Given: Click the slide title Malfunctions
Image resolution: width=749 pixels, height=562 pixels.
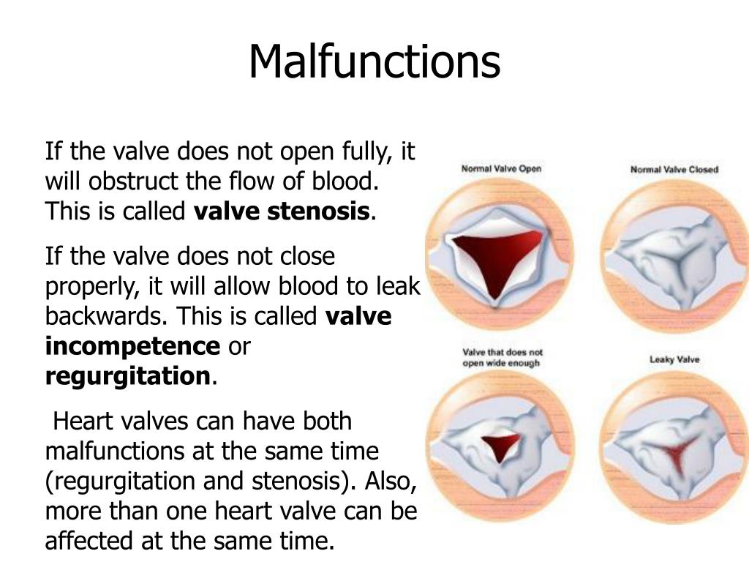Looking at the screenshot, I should click(x=374, y=62).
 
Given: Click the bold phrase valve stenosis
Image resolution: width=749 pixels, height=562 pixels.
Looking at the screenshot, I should click(x=282, y=211).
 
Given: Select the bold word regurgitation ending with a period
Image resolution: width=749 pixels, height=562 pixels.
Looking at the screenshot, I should click(x=129, y=376).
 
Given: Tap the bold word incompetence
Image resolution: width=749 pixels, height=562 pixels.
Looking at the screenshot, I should click(x=132, y=346).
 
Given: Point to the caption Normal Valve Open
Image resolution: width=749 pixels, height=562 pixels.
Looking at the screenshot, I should click(x=501, y=169).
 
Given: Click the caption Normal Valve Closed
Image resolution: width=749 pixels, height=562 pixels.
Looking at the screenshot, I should click(x=674, y=170).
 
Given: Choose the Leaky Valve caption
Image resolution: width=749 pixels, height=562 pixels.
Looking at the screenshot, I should click(x=674, y=359).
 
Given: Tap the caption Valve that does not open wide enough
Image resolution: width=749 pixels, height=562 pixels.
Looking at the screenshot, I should click(x=501, y=357).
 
